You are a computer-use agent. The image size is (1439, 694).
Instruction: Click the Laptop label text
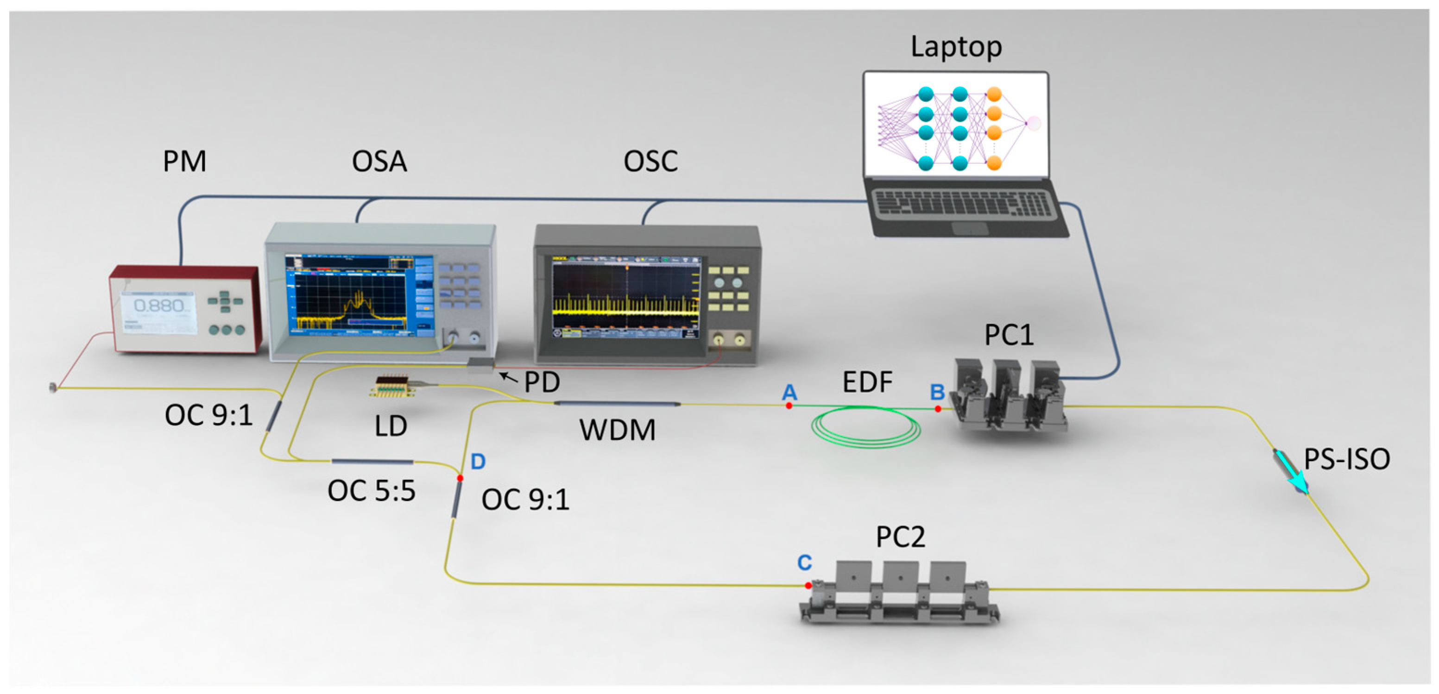coord(956,46)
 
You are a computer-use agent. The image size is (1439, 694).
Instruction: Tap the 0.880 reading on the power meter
coord(159,306)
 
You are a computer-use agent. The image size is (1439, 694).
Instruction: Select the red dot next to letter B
coord(938,409)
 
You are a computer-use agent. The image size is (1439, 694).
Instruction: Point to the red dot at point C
coord(808,586)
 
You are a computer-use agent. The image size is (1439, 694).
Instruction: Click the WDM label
coord(617,431)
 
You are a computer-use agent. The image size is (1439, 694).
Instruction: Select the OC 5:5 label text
coord(372,491)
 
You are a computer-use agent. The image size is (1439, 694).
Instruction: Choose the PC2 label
coord(900,537)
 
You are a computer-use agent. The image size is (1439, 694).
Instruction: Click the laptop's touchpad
coord(970,228)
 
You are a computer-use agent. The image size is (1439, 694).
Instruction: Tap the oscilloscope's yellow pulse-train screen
coord(625,299)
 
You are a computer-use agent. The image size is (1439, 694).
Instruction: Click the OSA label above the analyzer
coord(379,162)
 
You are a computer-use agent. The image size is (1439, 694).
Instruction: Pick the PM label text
coord(184,162)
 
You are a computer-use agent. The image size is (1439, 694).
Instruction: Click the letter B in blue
coord(937,392)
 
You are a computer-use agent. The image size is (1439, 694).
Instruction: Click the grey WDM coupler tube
coord(617,404)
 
